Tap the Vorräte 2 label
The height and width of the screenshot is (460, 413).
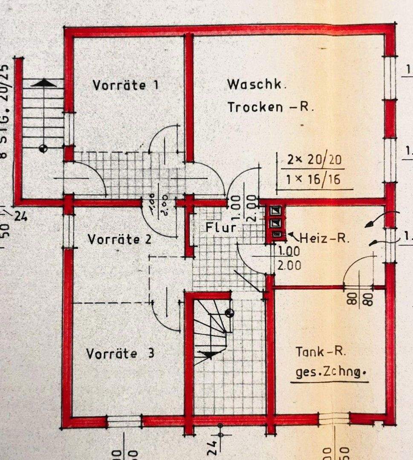[120, 239]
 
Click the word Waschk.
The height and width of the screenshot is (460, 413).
[257, 84]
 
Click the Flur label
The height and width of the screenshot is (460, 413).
[220, 227]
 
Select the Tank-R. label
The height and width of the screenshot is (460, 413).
[321, 352]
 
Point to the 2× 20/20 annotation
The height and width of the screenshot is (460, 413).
[315, 160]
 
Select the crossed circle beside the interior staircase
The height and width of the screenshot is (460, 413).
[229, 313]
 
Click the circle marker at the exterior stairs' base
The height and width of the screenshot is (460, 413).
[42, 148]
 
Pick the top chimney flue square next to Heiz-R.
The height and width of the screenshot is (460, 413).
[276, 210]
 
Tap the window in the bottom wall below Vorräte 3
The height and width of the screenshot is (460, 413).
[124, 421]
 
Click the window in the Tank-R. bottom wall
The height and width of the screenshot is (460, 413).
[334, 419]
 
